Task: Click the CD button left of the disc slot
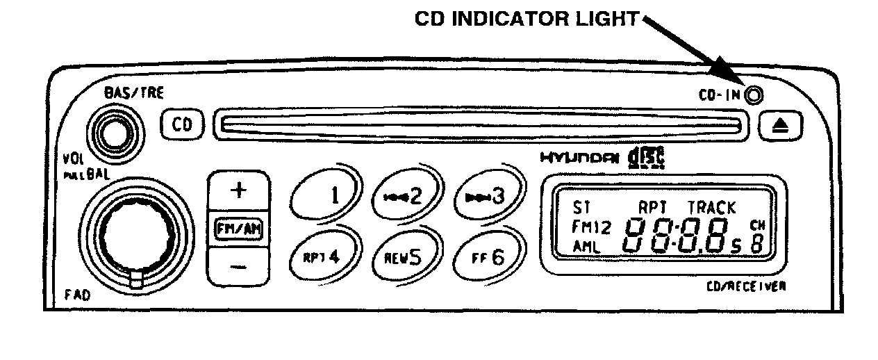pyautogui.click(x=181, y=124)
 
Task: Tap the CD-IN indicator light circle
pyautogui.click(x=752, y=95)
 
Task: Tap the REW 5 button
pyautogui.click(x=406, y=257)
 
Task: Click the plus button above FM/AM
pyautogui.click(x=238, y=192)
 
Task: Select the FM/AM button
pyautogui.click(x=238, y=229)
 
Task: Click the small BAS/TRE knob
pyautogui.click(x=114, y=131)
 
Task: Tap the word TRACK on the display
pyautogui.click(x=711, y=207)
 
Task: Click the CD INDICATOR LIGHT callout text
pyautogui.click(x=526, y=19)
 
